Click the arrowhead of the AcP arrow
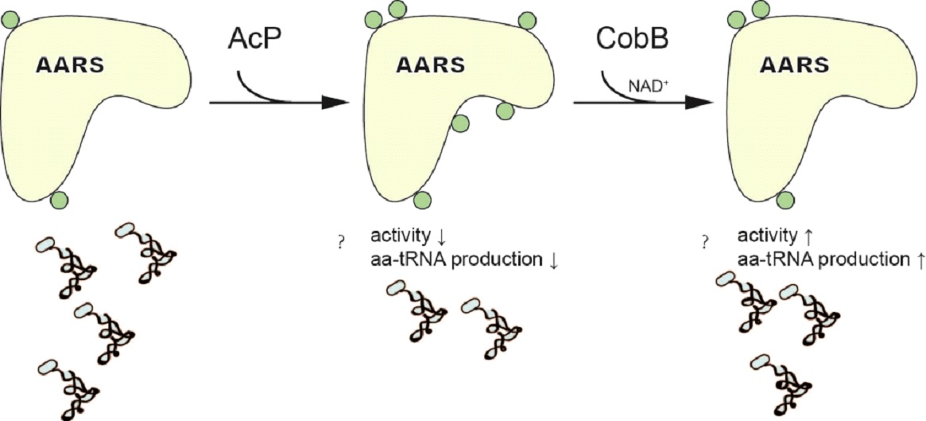[x=338, y=103]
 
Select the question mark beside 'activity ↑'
[x=704, y=240]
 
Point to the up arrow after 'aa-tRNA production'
[x=919, y=258]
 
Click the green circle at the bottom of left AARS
[x=59, y=200]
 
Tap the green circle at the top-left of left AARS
[x=9, y=18]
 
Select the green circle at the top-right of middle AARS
[x=527, y=20]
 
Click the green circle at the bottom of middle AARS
[x=423, y=200]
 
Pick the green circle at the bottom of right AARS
[x=786, y=200]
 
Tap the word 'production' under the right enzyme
[x=874, y=258]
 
